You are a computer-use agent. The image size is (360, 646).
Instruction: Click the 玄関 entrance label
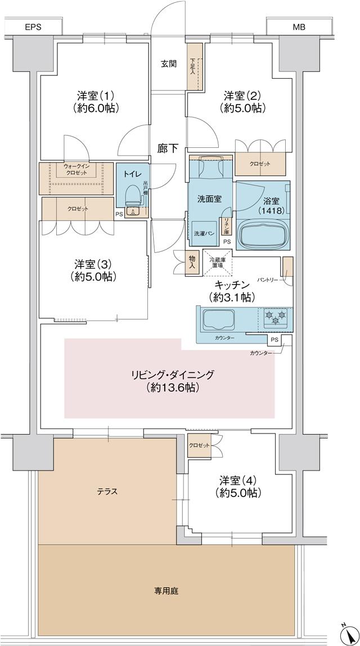click(168, 64)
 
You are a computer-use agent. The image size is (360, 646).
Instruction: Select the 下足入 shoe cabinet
click(194, 66)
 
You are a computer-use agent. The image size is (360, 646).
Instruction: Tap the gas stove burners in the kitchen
click(276, 318)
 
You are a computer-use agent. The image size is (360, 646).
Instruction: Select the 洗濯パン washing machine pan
click(201, 232)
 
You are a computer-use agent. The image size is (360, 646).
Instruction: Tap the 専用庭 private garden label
click(166, 591)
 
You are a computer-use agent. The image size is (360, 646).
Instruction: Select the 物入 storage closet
click(193, 262)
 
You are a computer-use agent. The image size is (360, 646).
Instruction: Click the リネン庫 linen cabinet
click(226, 224)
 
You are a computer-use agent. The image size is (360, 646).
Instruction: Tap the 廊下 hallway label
click(168, 148)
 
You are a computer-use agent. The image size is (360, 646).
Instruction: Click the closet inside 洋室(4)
click(199, 445)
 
